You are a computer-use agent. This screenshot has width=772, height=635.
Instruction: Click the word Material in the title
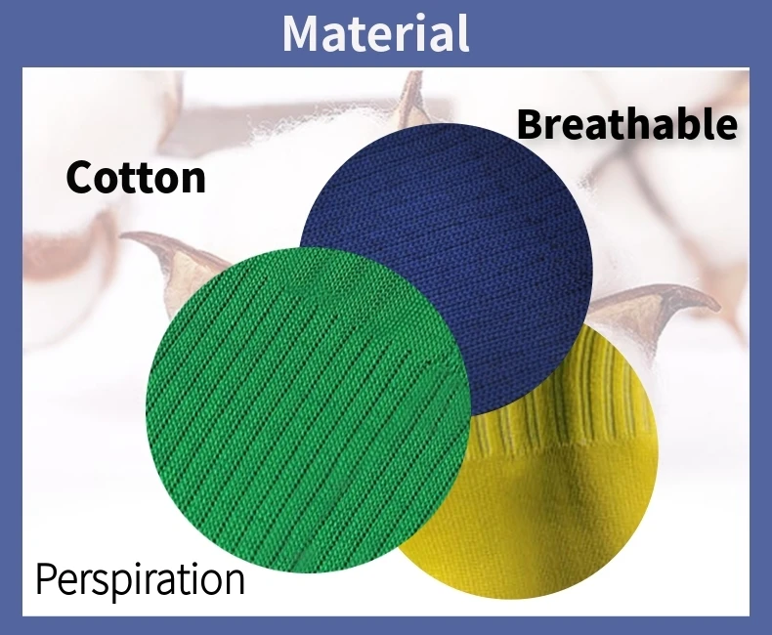(375, 33)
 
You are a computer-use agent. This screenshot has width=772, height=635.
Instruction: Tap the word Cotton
(136, 177)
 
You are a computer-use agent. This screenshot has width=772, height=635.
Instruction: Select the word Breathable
(626, 123)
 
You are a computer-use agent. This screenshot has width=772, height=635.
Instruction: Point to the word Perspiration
(140, 580)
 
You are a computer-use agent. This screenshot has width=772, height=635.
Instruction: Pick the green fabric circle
(308, 409)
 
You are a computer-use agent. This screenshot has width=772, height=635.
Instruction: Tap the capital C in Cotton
(80, 177)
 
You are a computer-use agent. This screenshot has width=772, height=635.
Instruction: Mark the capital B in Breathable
(531, 124)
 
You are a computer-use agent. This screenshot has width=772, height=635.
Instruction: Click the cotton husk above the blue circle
(412, 101)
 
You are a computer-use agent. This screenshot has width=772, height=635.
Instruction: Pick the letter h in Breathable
(650, 123)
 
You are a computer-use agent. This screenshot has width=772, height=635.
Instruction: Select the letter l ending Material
(464, 32)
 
